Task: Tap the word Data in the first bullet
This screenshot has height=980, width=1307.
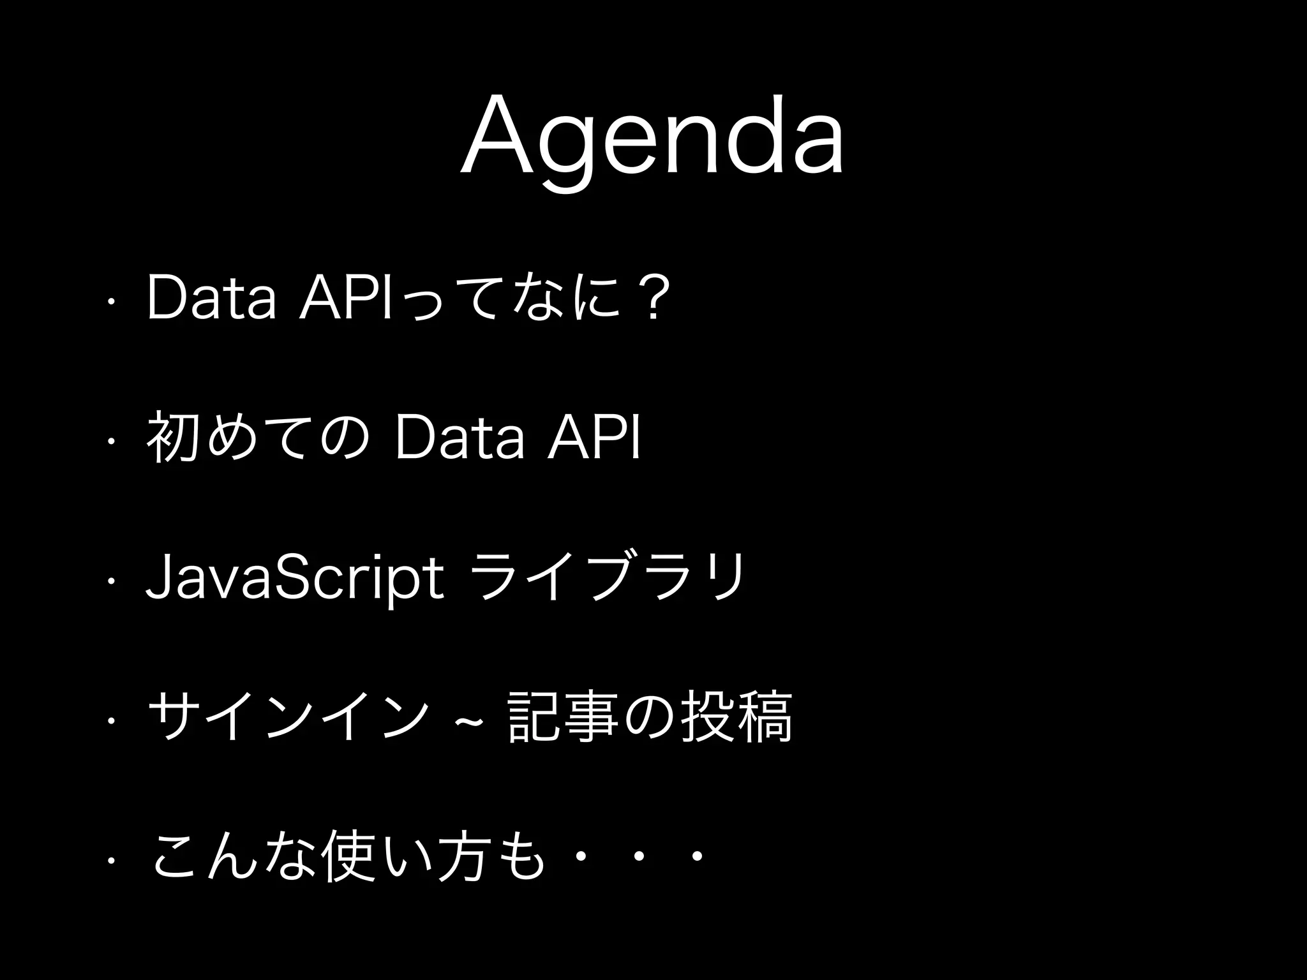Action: [211, 298]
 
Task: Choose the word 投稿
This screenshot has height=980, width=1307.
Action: [737, 718]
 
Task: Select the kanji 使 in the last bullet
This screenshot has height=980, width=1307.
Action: [347, 857]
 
